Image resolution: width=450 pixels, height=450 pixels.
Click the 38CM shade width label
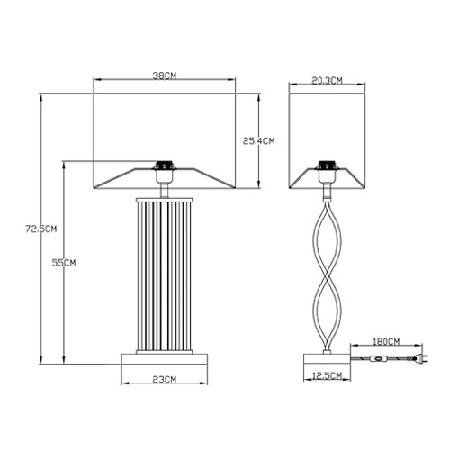coord(165,76)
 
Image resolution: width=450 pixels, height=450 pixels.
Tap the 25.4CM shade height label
coord(258,141)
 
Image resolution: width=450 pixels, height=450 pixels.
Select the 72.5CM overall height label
coord(41,229)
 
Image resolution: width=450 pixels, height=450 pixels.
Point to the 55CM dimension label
coord(64,263)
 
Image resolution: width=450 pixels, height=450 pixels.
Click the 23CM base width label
coord(165,379)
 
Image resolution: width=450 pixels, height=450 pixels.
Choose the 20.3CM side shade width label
coord(327,81)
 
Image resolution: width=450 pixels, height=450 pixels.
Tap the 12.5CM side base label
coord(327,375)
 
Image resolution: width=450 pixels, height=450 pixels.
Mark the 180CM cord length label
coord(386,342)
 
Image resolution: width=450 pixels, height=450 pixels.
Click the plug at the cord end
coord(423,358)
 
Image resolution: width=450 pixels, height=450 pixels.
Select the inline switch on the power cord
coord(378,358)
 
